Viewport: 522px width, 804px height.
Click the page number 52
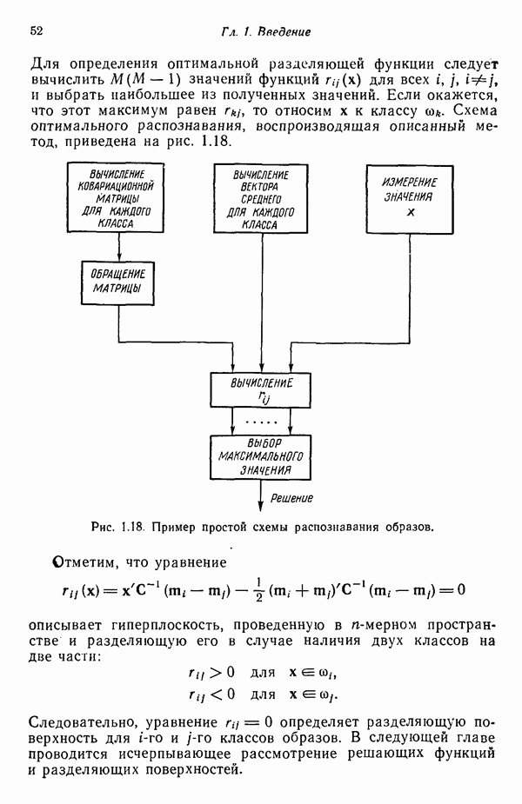click(x=37, y=31)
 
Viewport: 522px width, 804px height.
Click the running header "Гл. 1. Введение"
click(x=266, y=32)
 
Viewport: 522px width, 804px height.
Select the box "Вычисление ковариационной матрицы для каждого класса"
click(x=116, y=199)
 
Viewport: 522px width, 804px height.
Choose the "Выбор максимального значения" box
click(x=261, y=456)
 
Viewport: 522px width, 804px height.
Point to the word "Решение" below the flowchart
click(x=291, y=498)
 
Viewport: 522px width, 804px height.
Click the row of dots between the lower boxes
click(x=261, y=421)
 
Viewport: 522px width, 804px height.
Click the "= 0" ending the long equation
click(x=452, y=590)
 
